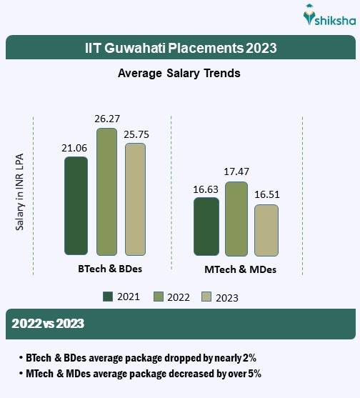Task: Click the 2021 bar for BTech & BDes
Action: (76, 206)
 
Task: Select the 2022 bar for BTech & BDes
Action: (106, 191)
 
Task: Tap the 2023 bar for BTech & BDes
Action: (135, 199)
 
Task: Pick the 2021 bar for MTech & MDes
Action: (206, 227)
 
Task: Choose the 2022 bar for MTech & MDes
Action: (236, 219)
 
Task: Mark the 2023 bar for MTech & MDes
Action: (266, 230)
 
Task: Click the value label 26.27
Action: (106, 119)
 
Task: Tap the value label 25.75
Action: (136, 134)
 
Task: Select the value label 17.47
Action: (236, 172)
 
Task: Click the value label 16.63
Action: (206, 189)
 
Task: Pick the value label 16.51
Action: (266, 195)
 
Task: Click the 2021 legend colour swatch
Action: (109, 297)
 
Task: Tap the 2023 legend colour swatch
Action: (207, 297)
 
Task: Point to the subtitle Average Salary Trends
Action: (179, 73)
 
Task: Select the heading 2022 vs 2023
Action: (49, 324)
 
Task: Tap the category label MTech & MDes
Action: (240, 270)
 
